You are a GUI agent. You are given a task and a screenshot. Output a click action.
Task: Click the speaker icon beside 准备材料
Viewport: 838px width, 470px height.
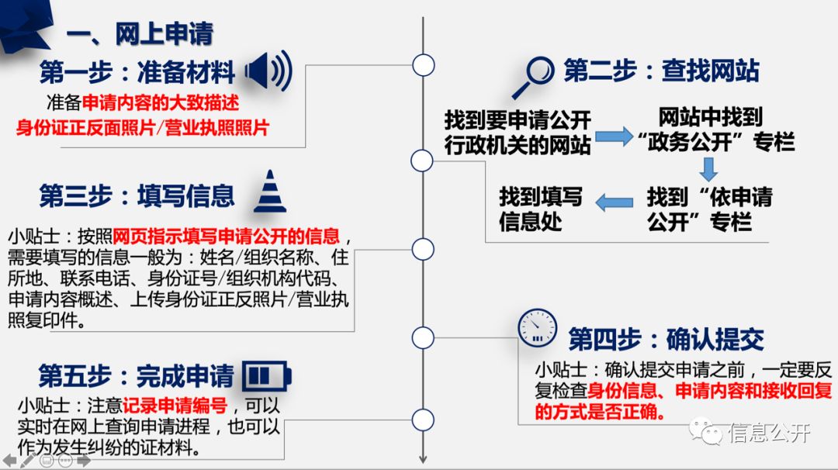(x=268, y=71)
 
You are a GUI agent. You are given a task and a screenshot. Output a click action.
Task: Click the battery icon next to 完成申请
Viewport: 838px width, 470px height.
(x=267, y=376)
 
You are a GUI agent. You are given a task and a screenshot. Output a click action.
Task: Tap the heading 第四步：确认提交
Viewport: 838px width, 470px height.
(x=666, y=339)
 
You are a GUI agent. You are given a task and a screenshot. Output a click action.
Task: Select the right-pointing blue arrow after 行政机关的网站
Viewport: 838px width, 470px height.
(x=614, y=137)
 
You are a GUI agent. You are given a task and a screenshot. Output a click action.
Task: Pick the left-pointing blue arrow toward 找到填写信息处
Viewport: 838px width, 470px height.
(x=614, y=203)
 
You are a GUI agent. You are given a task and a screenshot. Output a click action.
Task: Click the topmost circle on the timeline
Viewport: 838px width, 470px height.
(x=423, y=64)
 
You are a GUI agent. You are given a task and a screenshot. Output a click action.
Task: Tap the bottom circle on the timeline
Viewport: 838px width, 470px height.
(x=423, y=420)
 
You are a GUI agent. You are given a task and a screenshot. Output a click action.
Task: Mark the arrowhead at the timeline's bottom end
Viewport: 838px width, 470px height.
(x=423, y=458)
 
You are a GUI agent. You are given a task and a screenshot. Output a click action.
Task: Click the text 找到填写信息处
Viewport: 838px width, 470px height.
(x=541, y=209)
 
